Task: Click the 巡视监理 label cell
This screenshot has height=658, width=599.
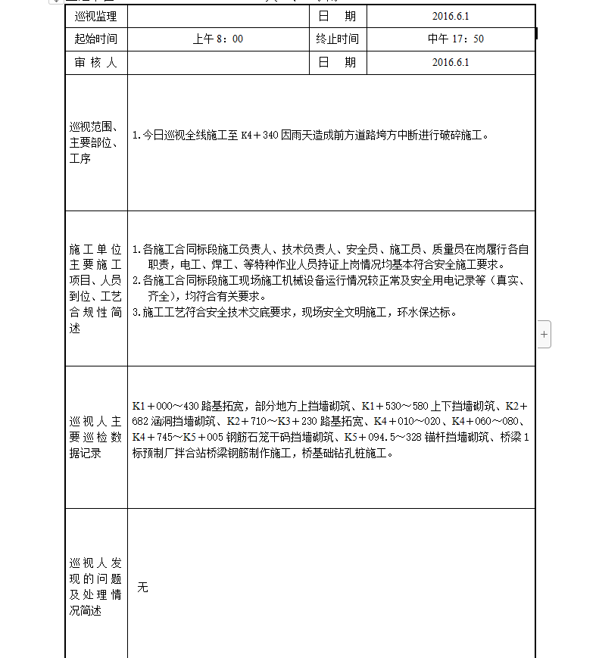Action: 96,16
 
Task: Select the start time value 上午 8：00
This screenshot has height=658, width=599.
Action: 218,39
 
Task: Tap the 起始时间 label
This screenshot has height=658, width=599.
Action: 96,39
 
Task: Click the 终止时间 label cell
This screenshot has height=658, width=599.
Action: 337,39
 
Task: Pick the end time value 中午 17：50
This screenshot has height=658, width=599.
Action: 451,39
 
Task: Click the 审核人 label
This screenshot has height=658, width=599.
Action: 96,63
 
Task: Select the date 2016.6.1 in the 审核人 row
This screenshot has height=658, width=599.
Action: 451,63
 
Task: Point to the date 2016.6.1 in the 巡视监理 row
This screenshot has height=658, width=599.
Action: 451,16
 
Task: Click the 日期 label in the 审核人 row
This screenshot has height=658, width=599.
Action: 337,63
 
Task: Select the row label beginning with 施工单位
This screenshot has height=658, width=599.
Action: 96,288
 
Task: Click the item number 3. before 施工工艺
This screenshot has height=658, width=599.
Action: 136,312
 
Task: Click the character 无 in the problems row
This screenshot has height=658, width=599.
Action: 142,588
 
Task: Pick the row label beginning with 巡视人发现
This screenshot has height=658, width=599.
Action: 96,587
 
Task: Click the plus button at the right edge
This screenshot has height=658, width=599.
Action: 544,334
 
